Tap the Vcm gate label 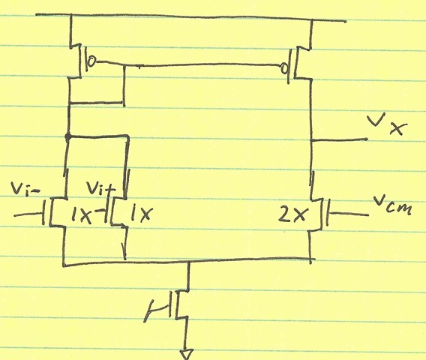(x=392, y=205)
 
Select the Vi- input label (x=25, y=188)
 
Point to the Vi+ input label (x=100, y=188)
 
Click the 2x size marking (x=293, y=214)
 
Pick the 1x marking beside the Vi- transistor (x=81, y=215)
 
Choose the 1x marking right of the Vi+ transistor (x=140, y=213)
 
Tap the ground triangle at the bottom (x=187, y=354)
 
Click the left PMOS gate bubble (x=92, y=61)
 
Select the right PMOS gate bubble (x=284, y=68)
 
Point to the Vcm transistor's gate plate (x=328, y=213)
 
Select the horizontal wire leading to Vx (x=339, y=140)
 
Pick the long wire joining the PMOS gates (x=187, y=64)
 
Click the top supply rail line (x=190, y=16)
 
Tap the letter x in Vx (x=398, y=128)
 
